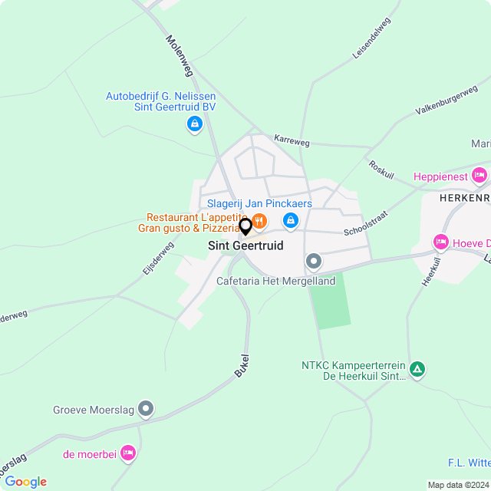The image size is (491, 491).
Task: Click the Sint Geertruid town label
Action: pyautogui.click(x=245, y=246)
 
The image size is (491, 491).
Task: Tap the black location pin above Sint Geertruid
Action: pyautogui.click(x=245, y=227)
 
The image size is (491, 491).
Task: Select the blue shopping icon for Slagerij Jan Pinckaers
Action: pyautogui.click(x=290, y=221)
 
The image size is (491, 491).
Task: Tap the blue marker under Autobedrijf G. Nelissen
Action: pyautogui.click(x=195, y=124)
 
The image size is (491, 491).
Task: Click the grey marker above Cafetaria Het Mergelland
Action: pyautogui.click(x=314, y=262)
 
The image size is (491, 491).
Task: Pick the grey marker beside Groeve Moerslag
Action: pyautogui.click(x=146, y=409)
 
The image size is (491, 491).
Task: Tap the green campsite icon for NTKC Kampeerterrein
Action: pyautogui.click(x=417, y=370)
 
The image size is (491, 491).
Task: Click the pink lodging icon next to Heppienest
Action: pyautogui.click(x=479, y=176)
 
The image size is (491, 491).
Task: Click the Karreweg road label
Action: pyautogui.click(x=292, y=142)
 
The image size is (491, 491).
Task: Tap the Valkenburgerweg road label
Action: pyautogui.click(x=446, y=101)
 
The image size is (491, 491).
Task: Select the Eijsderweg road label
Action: pyautogui.click(x=158, y=259)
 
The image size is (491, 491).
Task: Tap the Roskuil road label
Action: pyautogui.click(x=381, y=170)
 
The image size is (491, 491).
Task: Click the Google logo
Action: pyautogui.click(x=25, y=482)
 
